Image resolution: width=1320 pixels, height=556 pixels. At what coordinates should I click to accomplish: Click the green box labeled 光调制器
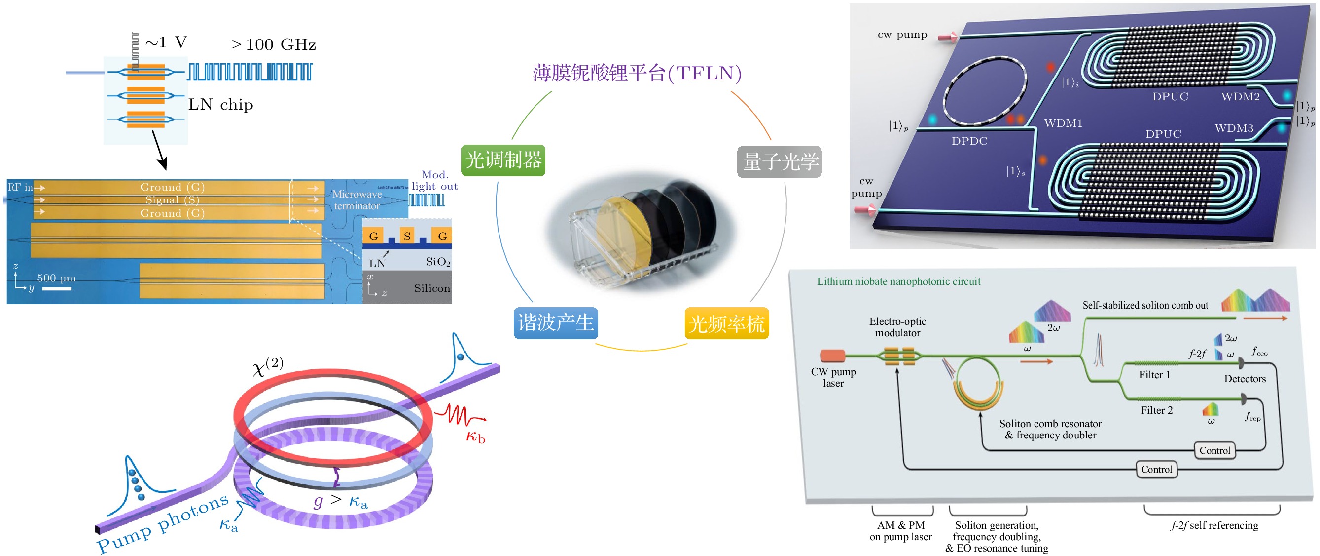point(502,160)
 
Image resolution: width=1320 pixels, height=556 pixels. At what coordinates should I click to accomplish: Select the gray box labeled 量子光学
point(779,162)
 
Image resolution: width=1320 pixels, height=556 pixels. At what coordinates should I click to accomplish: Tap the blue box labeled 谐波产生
point(556,323)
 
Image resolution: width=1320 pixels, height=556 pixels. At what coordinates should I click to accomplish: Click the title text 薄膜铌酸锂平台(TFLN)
point(637,74)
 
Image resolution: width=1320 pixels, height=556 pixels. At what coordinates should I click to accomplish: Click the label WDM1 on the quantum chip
point(1063,123)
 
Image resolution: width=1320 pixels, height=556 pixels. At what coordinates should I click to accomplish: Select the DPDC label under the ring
point(969,141)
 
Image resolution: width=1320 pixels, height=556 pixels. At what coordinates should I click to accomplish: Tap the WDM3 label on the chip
point(1233,128)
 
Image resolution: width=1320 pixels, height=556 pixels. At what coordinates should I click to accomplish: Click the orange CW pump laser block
point(832,356)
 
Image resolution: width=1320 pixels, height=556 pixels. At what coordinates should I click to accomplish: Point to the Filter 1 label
point(1154,375)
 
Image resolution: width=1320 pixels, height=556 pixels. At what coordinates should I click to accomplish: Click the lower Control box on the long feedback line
point(1156,469)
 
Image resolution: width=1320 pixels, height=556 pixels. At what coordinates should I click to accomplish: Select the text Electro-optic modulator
point(897,327)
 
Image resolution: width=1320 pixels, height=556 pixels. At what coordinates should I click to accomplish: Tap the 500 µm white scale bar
point(56,289)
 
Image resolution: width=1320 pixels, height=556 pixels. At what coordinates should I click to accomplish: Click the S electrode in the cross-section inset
point(407,236)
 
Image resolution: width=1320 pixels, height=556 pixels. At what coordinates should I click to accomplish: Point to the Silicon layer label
point(431,288)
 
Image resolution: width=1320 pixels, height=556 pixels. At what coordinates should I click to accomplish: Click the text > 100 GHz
point(274,45)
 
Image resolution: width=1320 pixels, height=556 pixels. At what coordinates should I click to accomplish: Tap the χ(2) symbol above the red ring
point(267,366)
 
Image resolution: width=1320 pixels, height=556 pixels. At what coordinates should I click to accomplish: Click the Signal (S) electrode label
point(172,200)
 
